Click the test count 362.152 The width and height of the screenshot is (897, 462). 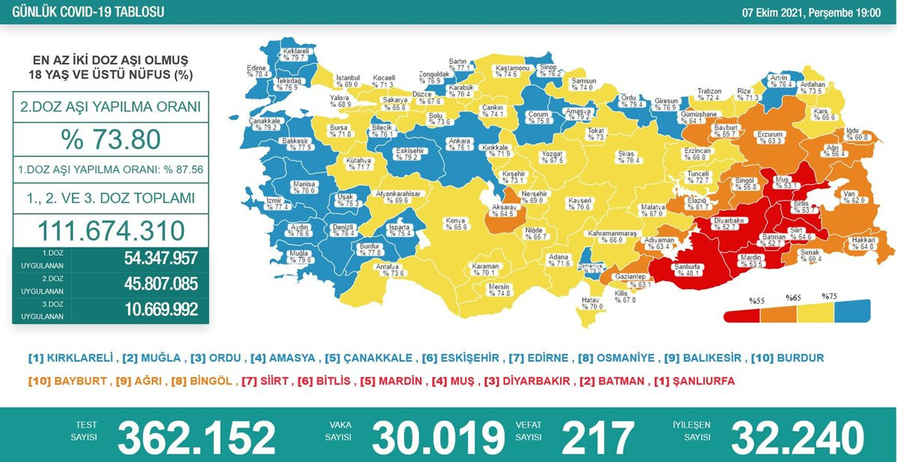tap(197, 437)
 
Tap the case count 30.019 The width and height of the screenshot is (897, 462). tap(438, 437)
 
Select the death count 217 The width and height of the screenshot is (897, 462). tap(597, 437)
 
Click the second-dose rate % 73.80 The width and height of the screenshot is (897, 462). tap(111, 139)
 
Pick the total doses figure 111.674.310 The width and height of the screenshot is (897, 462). tap(111, 230)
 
